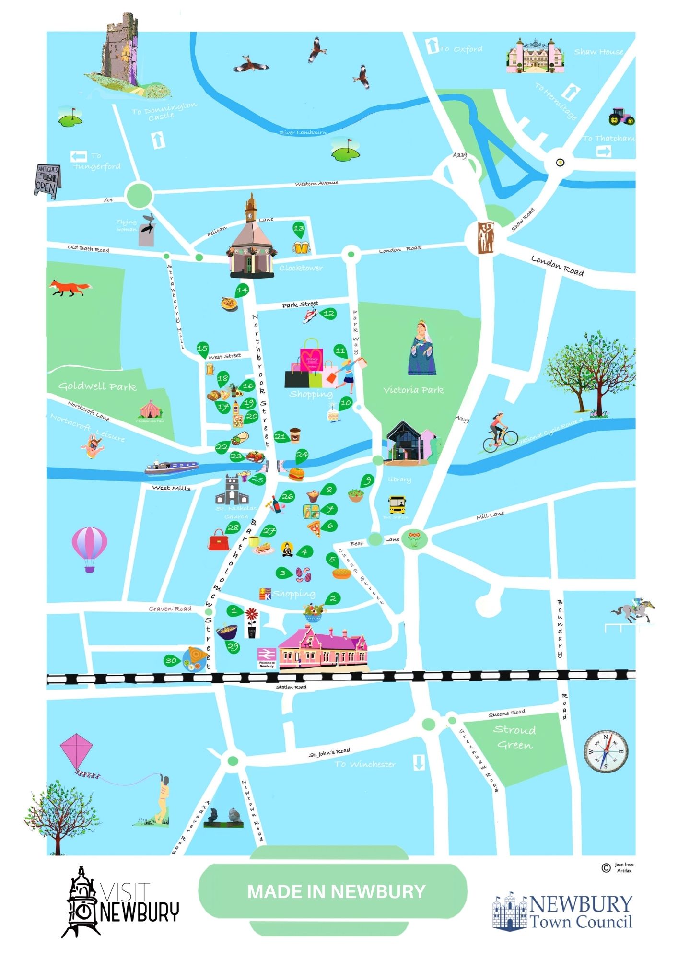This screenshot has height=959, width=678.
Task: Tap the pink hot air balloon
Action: (x=90, y=548)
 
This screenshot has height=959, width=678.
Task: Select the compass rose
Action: (x=606, y=751)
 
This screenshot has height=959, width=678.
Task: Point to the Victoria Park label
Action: (x=413, y=390)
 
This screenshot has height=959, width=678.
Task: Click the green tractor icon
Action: (x=621, y=116)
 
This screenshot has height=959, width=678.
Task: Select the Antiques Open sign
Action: (x=47, y=181)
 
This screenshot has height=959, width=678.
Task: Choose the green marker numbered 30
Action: (x=171, y=661)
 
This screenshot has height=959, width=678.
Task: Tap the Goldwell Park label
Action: (x=97, y=386)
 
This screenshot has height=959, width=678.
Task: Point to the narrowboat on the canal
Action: (x=172, y=467)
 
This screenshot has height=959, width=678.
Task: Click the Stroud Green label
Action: (x=514, y=737)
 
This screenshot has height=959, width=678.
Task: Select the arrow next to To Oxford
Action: (x=432, y=47)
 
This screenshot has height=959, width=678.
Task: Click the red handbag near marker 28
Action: (x=219, y=540)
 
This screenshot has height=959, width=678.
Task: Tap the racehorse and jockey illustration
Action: (x=633, y=610)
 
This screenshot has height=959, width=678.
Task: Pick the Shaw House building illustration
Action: (x=535, y=56)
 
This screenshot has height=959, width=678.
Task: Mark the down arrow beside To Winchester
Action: (x=419, y=763)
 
